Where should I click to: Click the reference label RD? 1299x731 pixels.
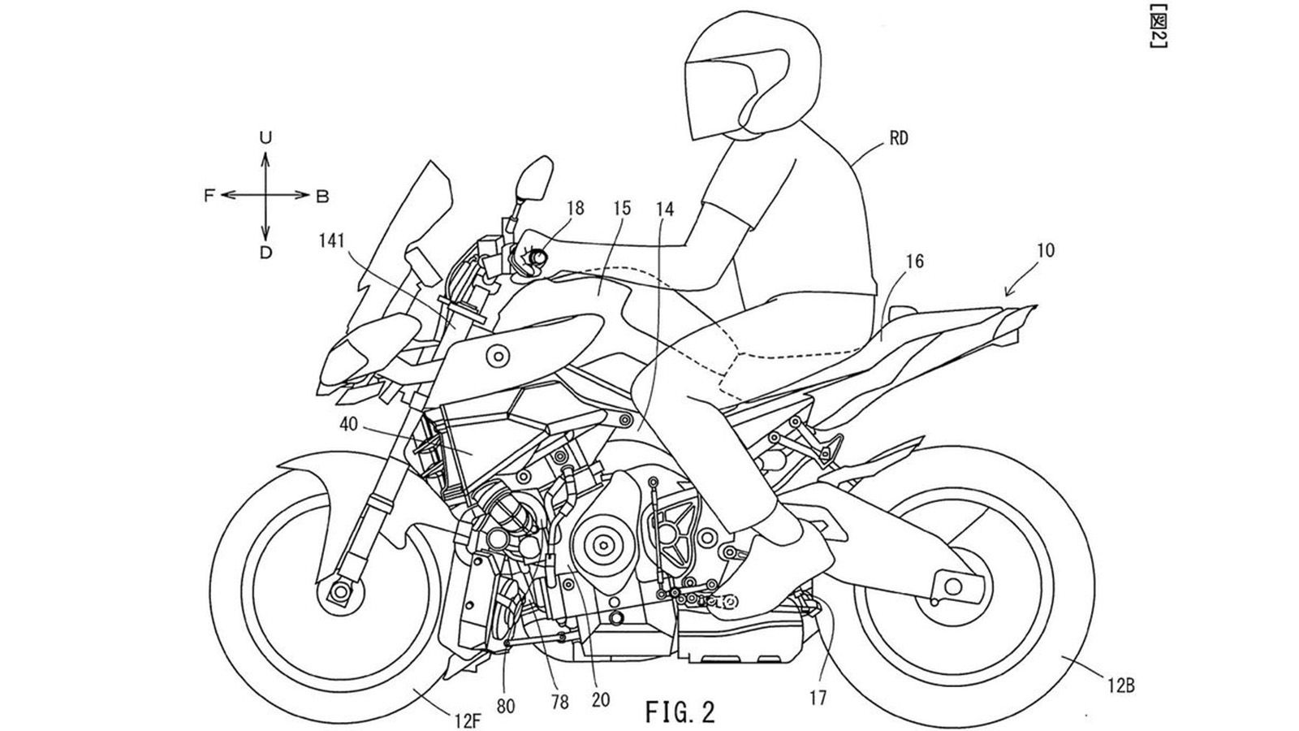pos(898,139)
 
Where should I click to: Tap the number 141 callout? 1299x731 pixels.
pos(333,241)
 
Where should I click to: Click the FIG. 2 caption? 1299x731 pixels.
pos(680,712)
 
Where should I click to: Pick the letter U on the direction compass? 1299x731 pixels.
pos(265,138)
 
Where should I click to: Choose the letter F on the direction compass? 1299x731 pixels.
pos(209,196)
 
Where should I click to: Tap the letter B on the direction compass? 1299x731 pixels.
pos(322,196)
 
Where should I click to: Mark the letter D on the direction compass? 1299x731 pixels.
pos(265,253)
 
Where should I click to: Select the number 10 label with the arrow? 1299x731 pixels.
pos(1046,251)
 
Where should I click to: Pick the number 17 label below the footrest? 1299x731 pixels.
pos(818,696)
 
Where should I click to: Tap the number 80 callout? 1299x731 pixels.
pos(505,706)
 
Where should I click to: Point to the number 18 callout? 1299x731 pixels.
pos(575,209)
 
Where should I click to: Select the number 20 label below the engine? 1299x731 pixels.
pos(602,699)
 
